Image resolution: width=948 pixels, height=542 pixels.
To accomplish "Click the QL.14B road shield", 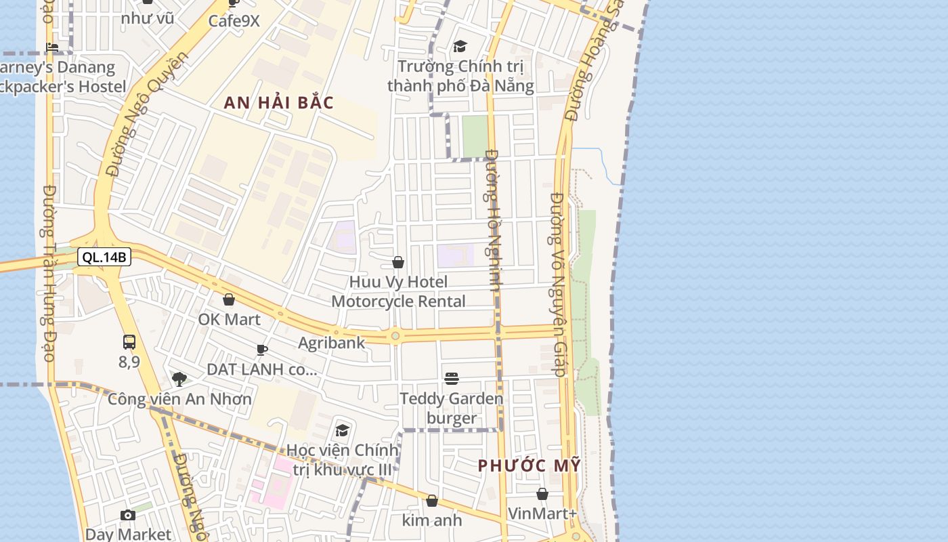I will (x=104, y=257).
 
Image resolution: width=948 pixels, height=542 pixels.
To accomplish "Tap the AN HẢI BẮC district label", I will (x=279, y=103).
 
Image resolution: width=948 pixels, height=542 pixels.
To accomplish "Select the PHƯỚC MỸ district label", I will (x=529, y=466).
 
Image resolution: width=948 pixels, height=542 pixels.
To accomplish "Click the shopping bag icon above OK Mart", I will (x=229, y=299).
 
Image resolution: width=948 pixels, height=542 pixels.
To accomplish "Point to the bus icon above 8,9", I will (x=129, y=342).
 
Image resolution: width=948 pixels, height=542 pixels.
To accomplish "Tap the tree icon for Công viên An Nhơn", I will (x=179, y=379).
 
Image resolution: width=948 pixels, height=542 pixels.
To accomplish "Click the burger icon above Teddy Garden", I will (x=452, y=378).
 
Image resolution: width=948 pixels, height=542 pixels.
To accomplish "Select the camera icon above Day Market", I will (x=128, y=516).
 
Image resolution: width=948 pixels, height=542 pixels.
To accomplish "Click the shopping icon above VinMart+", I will (x=542, y=494).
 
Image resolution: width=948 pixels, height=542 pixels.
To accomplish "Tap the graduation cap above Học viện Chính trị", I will (x=343, y=431).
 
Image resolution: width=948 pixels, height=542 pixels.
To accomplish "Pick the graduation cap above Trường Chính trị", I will (x=460, y=46).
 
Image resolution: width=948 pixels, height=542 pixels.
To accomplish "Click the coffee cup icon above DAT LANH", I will (x=262, y=350).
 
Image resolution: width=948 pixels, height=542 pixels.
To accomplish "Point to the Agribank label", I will (x=332, y=343).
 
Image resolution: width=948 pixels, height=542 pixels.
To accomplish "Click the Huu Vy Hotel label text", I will (x=399, y=282).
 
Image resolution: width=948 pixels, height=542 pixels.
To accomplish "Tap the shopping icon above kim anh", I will (x=432, y=501).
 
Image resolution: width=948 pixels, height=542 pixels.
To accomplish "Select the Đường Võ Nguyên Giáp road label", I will (x=557, y=285).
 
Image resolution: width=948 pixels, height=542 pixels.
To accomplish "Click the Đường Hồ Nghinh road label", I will (x=492, y=220).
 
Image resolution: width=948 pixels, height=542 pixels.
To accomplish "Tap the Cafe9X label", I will (x=234, y=21).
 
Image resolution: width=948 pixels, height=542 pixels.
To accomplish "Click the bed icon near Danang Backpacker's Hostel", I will (x=52, y=47).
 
